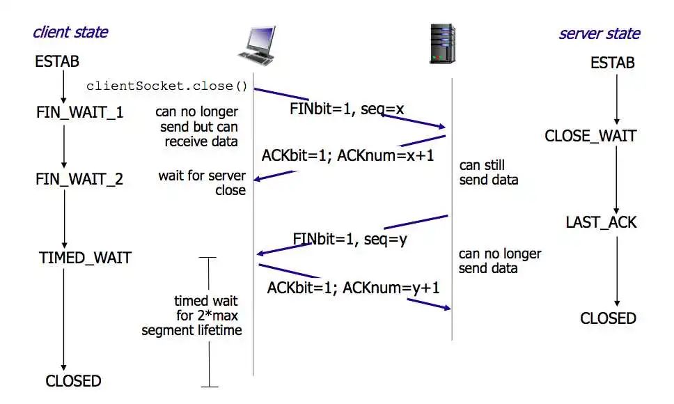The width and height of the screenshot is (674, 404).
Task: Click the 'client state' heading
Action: pos(70,31)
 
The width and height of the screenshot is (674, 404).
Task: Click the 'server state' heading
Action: pos(599,33)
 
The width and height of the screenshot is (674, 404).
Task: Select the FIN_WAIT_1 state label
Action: pos(79,111)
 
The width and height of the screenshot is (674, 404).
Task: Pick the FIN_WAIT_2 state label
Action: pos(79,179)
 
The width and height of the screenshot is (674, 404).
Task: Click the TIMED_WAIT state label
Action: pos(85,258)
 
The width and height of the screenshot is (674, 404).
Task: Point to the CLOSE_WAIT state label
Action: pos(590,135)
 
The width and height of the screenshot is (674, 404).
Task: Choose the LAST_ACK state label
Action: pos(601,223)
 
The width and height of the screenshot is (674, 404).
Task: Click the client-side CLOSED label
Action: pos(73,381)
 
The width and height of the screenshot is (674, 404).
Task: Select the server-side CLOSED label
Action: pos(608,318)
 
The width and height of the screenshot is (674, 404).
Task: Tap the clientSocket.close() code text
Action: pos(167,86)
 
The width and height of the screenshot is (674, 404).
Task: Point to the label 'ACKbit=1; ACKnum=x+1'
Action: pos(347,155)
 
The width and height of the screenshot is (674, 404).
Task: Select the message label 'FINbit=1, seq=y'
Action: pos(350,239)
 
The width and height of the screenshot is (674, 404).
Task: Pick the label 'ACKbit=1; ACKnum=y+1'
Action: pos(353,287)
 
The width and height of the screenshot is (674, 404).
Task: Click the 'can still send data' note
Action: pos(489,173)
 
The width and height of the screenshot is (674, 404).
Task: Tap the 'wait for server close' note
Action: pos(202,182)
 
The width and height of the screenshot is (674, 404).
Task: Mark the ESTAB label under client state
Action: pos(53,62)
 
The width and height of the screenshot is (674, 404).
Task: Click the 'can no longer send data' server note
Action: pos(499,261)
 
